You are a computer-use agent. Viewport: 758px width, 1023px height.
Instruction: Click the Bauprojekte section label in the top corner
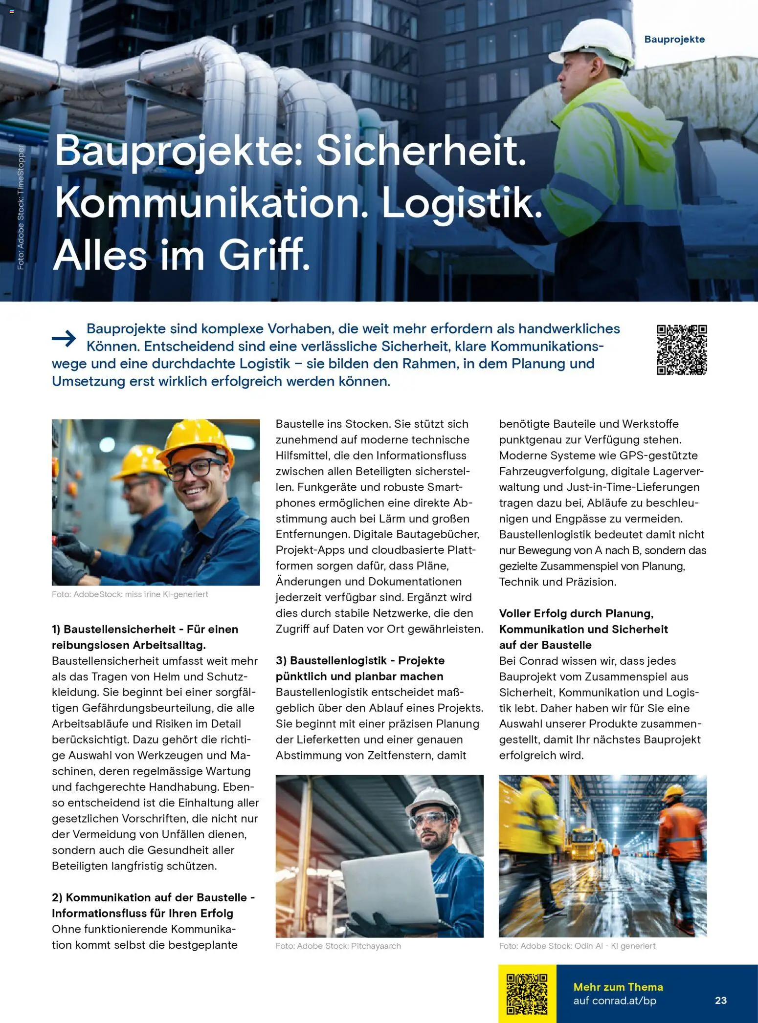tap(674, 40)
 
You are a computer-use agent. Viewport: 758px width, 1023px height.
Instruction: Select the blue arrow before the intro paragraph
tap(64, 338)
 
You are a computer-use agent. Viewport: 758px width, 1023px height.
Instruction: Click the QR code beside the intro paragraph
tap(682, 349)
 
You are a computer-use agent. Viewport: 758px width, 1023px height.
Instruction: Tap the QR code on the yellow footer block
tap(527, 994)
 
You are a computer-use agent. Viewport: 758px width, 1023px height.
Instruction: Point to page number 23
tap(721, 1001)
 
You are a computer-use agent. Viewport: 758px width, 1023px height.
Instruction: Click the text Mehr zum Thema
tap(618, 987)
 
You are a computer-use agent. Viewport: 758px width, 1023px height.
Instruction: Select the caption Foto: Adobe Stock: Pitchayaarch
tap(338, 946)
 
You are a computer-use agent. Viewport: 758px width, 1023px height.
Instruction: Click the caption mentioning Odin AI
tap(577, 946)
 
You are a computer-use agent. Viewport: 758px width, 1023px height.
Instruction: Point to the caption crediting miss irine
tap(130, 594)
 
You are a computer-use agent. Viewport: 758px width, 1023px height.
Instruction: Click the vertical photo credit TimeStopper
tap(21, 207)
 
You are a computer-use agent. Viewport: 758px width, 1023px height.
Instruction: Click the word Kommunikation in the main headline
tap(211, 203)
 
